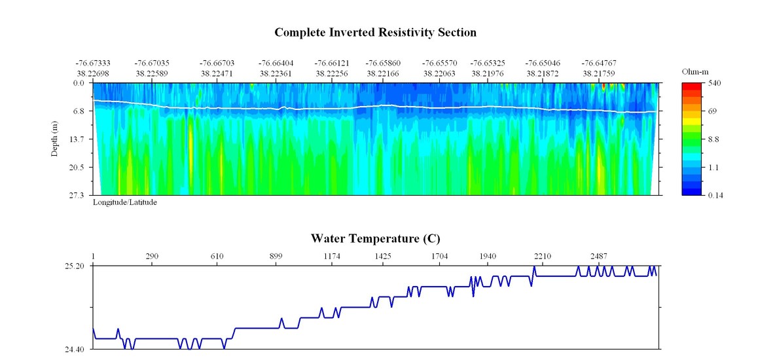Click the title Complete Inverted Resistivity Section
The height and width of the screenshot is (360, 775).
(x=375, y=32)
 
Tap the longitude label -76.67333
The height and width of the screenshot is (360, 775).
(x=93, y=63)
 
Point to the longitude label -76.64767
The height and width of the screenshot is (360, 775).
(x=598, y=63)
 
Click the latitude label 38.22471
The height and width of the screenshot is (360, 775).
(x=217, y=74)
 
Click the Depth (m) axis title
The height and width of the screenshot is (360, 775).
(x=56, y=139)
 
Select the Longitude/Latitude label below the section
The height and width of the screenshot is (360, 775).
(x=124, y=203)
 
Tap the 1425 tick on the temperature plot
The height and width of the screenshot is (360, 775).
(x=383, y=256)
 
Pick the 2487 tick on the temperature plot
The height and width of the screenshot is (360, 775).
(x=598, y=256)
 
